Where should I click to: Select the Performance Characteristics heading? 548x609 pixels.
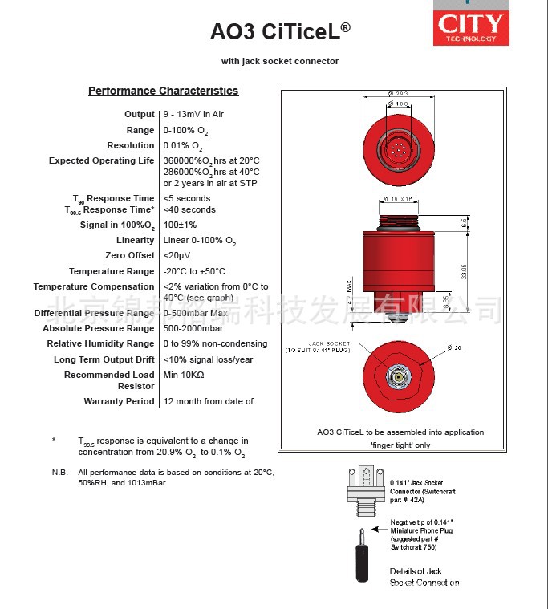pos(163,91)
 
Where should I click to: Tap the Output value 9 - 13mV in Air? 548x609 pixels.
pos(193,115)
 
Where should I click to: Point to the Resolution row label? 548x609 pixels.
pos(130,145)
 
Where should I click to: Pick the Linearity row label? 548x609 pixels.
pos(135,240)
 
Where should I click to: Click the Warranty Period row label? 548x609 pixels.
pos(119,401)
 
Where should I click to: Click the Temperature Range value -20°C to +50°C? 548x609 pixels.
pos(194,271)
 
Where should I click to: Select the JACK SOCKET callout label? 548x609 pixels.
pos(320,347)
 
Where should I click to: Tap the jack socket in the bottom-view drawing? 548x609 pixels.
pos(395,376)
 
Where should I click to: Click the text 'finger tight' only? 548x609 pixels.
pos(400,445)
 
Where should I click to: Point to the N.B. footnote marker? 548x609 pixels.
pos(59,473)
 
